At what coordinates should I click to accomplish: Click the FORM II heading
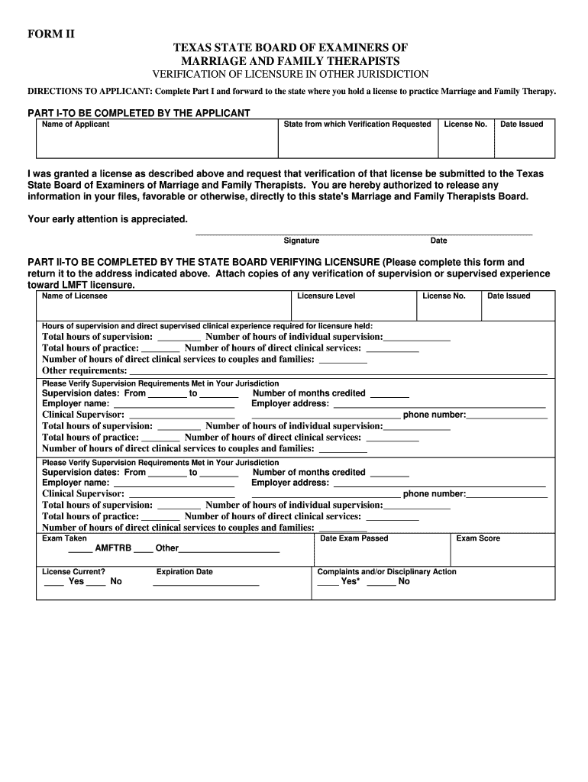click(x=52, y=34)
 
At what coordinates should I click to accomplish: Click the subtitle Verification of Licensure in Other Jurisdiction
click(x=291, y=74)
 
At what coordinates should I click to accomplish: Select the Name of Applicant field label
click(x=76, y=124)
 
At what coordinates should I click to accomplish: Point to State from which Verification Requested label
click(x=357, y=124)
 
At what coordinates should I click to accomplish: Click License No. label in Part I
click(x=465, y=124)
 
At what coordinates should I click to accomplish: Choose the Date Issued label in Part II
click(x=509, y=296)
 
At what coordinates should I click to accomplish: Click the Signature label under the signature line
click(x=301, y=241)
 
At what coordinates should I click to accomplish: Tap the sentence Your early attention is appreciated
click(x=108, y=219)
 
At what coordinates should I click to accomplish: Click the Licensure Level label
click(x=326, y=296)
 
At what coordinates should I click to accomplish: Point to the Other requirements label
click(x=84, y=370)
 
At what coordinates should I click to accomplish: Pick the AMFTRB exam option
click(x=112, y=548)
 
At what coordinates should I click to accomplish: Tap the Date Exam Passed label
click(x=354, y=538)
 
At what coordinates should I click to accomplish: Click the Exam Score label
click(x=478, y=538)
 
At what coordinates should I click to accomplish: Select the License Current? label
click(x=73, y=571)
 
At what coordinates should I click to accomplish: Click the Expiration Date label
click(x=184, y=571)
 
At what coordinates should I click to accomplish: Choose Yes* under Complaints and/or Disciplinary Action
click(x=351, y=581)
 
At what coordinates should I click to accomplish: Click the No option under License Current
click(x=116, y=581)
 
